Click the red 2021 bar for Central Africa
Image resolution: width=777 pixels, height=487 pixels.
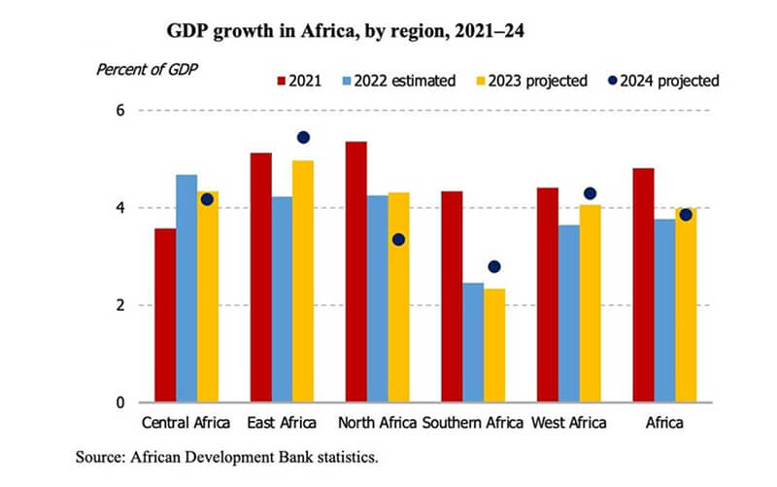tap(164, 316)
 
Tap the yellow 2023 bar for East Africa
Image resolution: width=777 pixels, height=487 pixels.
tap(304, 282)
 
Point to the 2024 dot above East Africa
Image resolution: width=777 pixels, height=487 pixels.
tap(303, 137)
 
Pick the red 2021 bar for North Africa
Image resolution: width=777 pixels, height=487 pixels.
tap(356, 272)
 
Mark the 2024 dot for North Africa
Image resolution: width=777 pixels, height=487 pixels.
tap(398, 239)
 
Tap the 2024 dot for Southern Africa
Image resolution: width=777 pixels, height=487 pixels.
tap(494, 266)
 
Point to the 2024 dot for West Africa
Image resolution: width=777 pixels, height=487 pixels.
tap(590, 193)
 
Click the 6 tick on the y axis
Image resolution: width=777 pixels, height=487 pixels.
tap(120, 111)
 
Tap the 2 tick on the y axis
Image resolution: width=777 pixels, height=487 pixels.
tap(120, 305)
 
